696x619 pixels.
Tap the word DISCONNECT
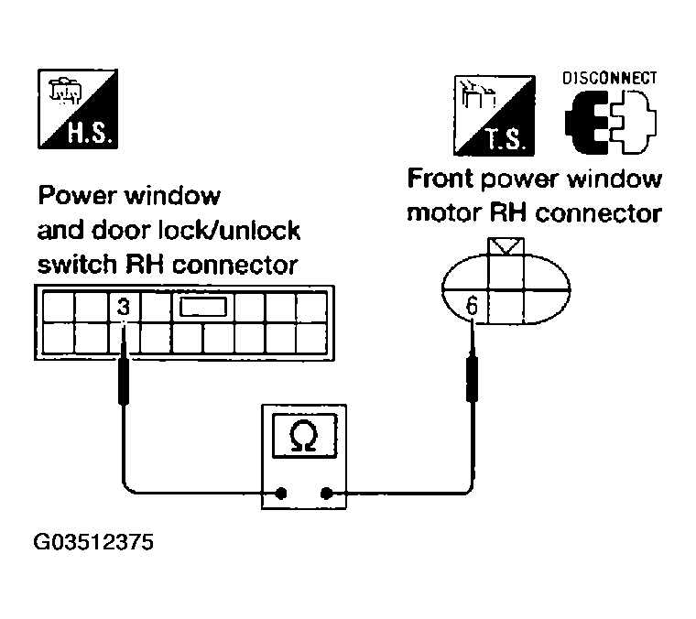click(x=610, y=78)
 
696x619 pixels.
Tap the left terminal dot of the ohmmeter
click(x=282, y=494)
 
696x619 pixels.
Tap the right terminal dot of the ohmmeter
click(x=326, y=494)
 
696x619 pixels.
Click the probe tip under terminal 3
click(x=122, y=385)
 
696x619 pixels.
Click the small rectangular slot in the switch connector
click(x=203, y=309)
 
